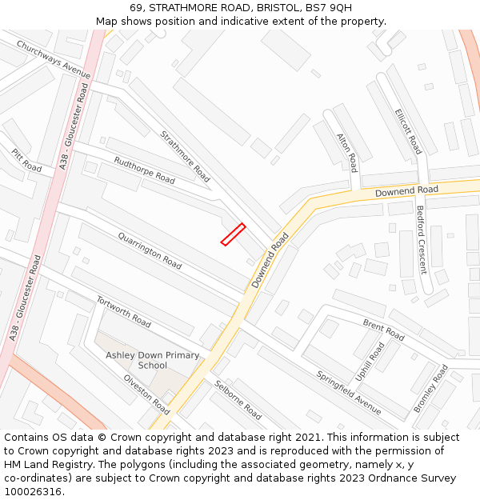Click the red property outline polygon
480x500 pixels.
point(233,234)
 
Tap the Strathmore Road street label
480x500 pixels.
point(185,156)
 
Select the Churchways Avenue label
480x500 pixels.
point(54,59)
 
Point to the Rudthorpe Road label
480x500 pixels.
point(144,170)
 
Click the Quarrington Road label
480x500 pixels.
point(150,250)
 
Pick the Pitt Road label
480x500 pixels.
point(26,160)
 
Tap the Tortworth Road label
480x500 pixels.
point(124,311)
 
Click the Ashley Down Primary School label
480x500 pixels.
point(153,360)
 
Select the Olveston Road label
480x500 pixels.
point(146,394)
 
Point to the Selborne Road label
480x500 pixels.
point(238,399)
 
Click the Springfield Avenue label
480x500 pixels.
point(349,391)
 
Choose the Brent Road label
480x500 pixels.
point(384,329)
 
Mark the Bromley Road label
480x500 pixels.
point(430,388)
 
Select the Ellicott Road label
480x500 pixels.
point(408,132)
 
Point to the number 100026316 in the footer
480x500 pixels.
point(34,491)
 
